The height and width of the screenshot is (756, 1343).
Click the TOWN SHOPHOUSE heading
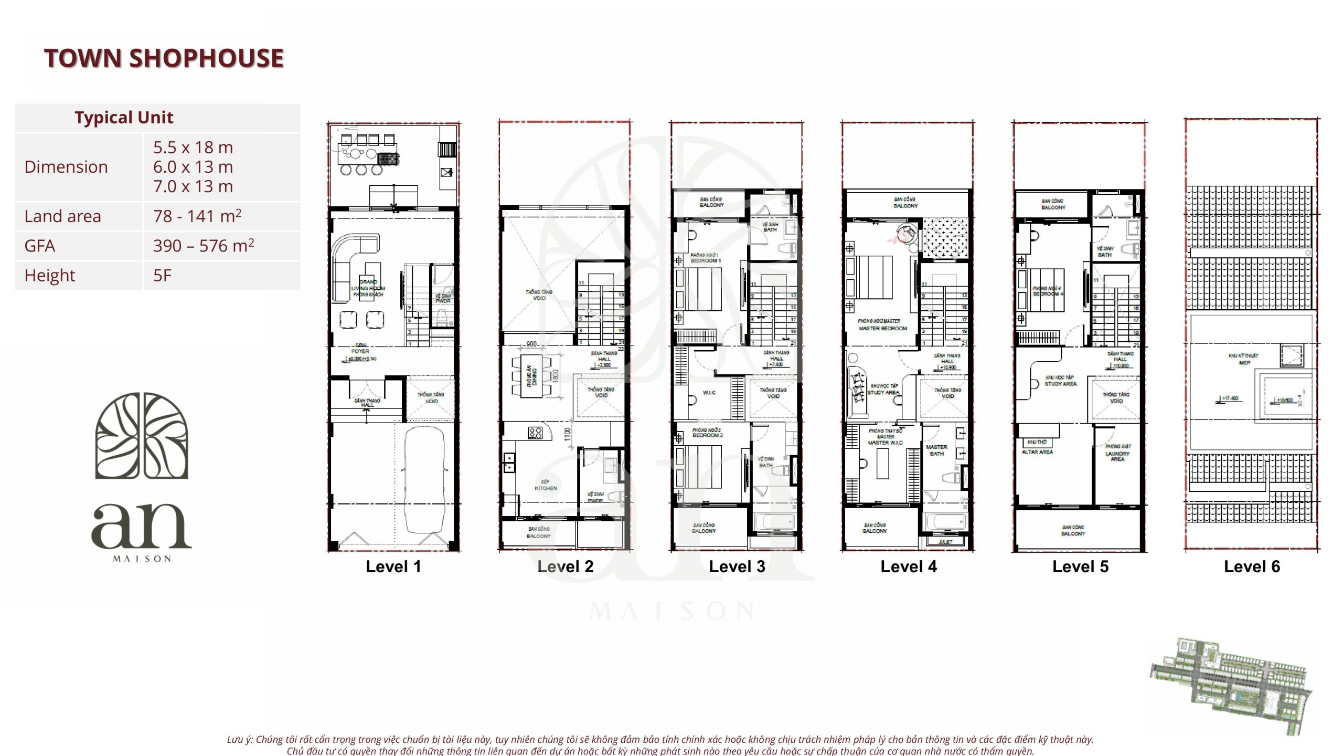(x=164, y=58)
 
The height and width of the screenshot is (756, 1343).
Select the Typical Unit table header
(x=124, y=118)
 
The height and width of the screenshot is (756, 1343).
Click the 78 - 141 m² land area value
(x=197, y=216)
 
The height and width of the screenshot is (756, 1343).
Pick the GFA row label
(x=40, y=246)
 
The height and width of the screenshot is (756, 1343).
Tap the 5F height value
(x=162, y=275)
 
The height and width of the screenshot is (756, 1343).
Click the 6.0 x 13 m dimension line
(x=193, y=167)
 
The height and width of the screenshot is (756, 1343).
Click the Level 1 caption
(x=393, y=566)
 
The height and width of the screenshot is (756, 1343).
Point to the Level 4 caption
(x=908, y=566)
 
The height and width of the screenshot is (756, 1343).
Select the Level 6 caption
(x=1252, y=566)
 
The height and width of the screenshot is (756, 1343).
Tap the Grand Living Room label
(x=368, y=288)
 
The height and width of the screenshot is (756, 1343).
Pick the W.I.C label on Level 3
(x=709, y=393)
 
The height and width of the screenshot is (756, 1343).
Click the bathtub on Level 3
(x=774, y=522)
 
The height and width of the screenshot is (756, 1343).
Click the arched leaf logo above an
(x=141, y=436)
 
